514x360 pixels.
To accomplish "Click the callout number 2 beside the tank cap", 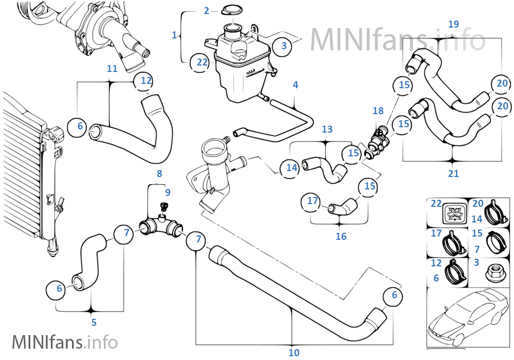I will coord(206,10).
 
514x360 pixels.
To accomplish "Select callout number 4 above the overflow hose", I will coord(295,85).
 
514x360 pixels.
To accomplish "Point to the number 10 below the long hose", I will coord(294,352).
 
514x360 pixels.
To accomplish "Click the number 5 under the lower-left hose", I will coord(94,323).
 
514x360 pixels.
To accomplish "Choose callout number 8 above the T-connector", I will coord(159,174).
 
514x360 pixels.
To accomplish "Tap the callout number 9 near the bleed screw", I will coord(167,192).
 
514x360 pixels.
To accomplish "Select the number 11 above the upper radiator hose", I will coord(112,69).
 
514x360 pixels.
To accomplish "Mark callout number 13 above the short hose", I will coord(327,129).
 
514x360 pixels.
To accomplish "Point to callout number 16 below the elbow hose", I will coord(341,237).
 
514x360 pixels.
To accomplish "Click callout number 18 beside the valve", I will coord(378,111).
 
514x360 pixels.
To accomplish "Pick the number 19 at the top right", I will coord(453,24).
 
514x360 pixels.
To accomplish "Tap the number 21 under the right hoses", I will coord(453,174).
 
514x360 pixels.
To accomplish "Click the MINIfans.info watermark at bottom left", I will coord(64,342).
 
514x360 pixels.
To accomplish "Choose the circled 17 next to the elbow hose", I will coord(313,201).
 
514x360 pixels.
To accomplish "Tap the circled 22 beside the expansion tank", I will coord(202,62).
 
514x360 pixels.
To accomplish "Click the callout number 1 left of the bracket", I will coord(174,35).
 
